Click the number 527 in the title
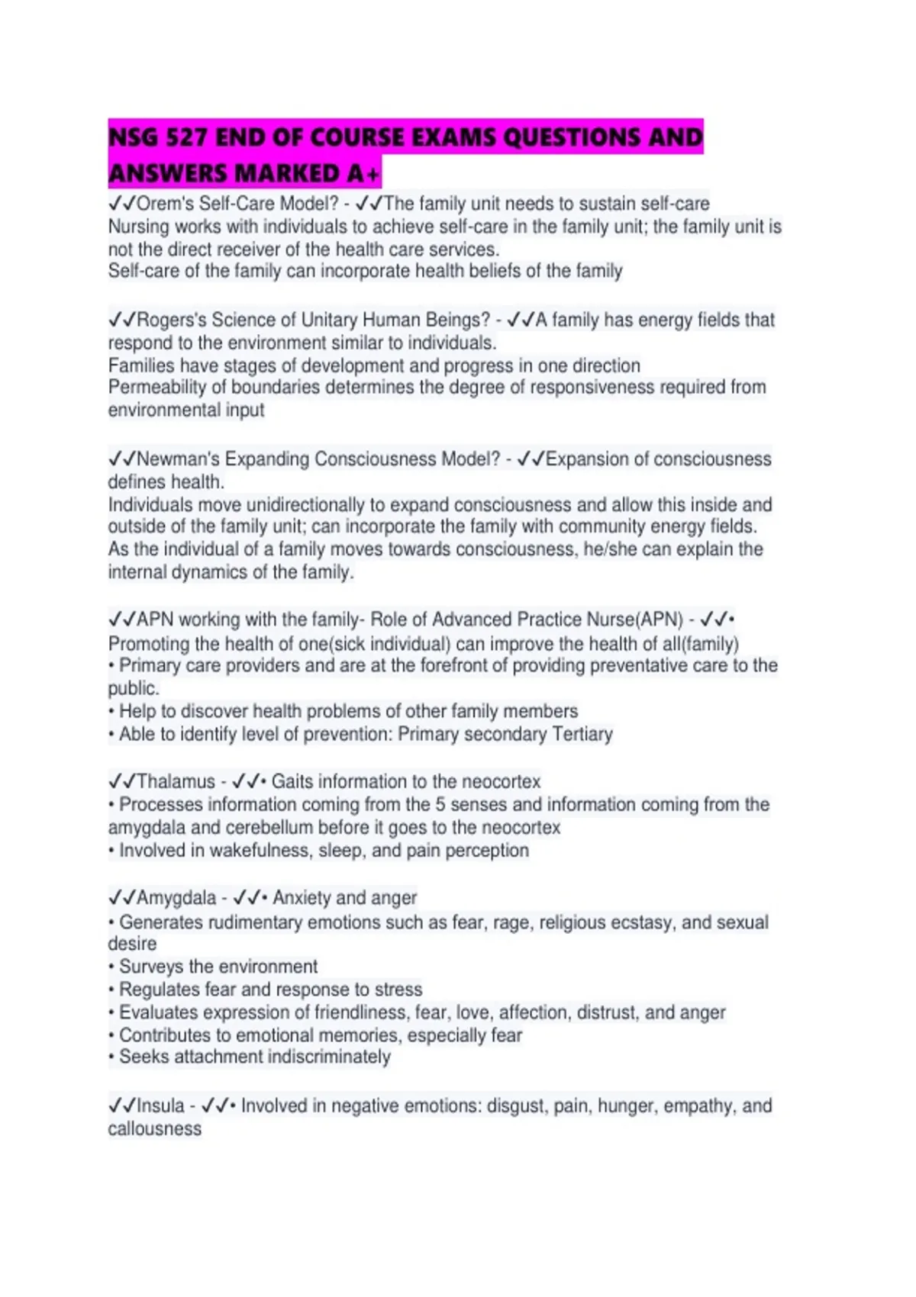pos(186,137)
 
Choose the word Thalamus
pos(176,782)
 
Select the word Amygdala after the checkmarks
pos(176,898)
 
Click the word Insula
pos(160,1106)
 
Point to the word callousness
pos(154,1129)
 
